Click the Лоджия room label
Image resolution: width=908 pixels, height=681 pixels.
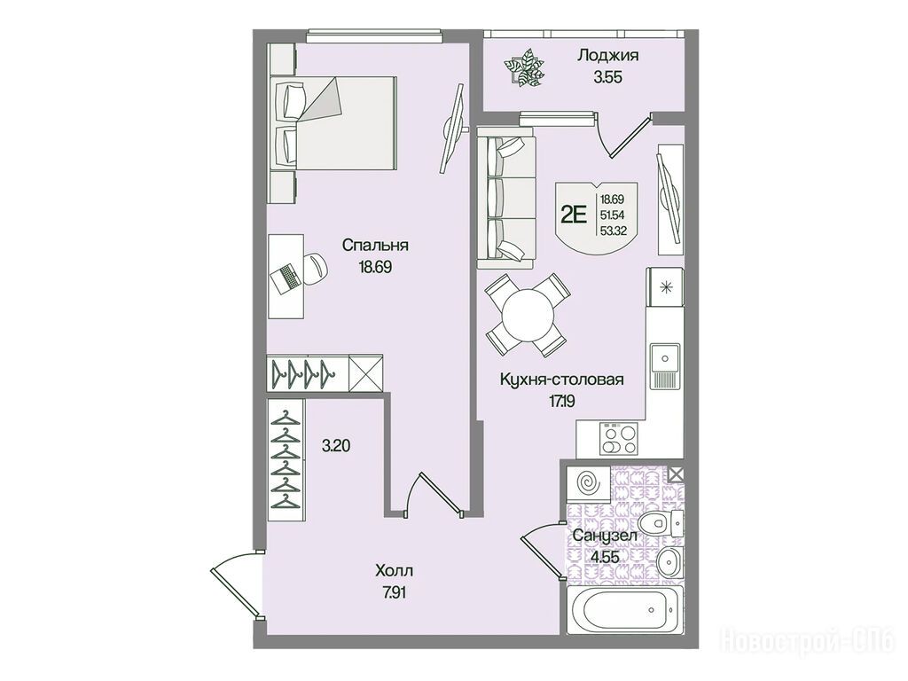607,56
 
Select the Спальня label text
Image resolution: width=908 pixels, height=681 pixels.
375,245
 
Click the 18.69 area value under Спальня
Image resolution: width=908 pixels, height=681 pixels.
375,267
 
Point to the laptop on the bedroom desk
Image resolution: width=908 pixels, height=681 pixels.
286,278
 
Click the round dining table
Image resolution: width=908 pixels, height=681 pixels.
528,316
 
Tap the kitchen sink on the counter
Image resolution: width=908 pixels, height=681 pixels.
665,366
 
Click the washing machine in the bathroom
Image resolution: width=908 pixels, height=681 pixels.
589,482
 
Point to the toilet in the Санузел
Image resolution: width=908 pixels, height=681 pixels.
664,523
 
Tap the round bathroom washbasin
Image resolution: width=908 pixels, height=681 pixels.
670,560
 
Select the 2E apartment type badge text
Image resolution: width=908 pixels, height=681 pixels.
574,215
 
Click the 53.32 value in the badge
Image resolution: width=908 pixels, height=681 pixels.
612,230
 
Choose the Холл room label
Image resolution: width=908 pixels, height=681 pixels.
394,571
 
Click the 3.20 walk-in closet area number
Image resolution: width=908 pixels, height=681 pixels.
336,446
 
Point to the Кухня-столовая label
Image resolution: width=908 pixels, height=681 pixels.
561,380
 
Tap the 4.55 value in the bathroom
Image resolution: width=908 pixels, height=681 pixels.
605,558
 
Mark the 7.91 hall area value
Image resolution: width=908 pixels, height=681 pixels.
394,593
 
